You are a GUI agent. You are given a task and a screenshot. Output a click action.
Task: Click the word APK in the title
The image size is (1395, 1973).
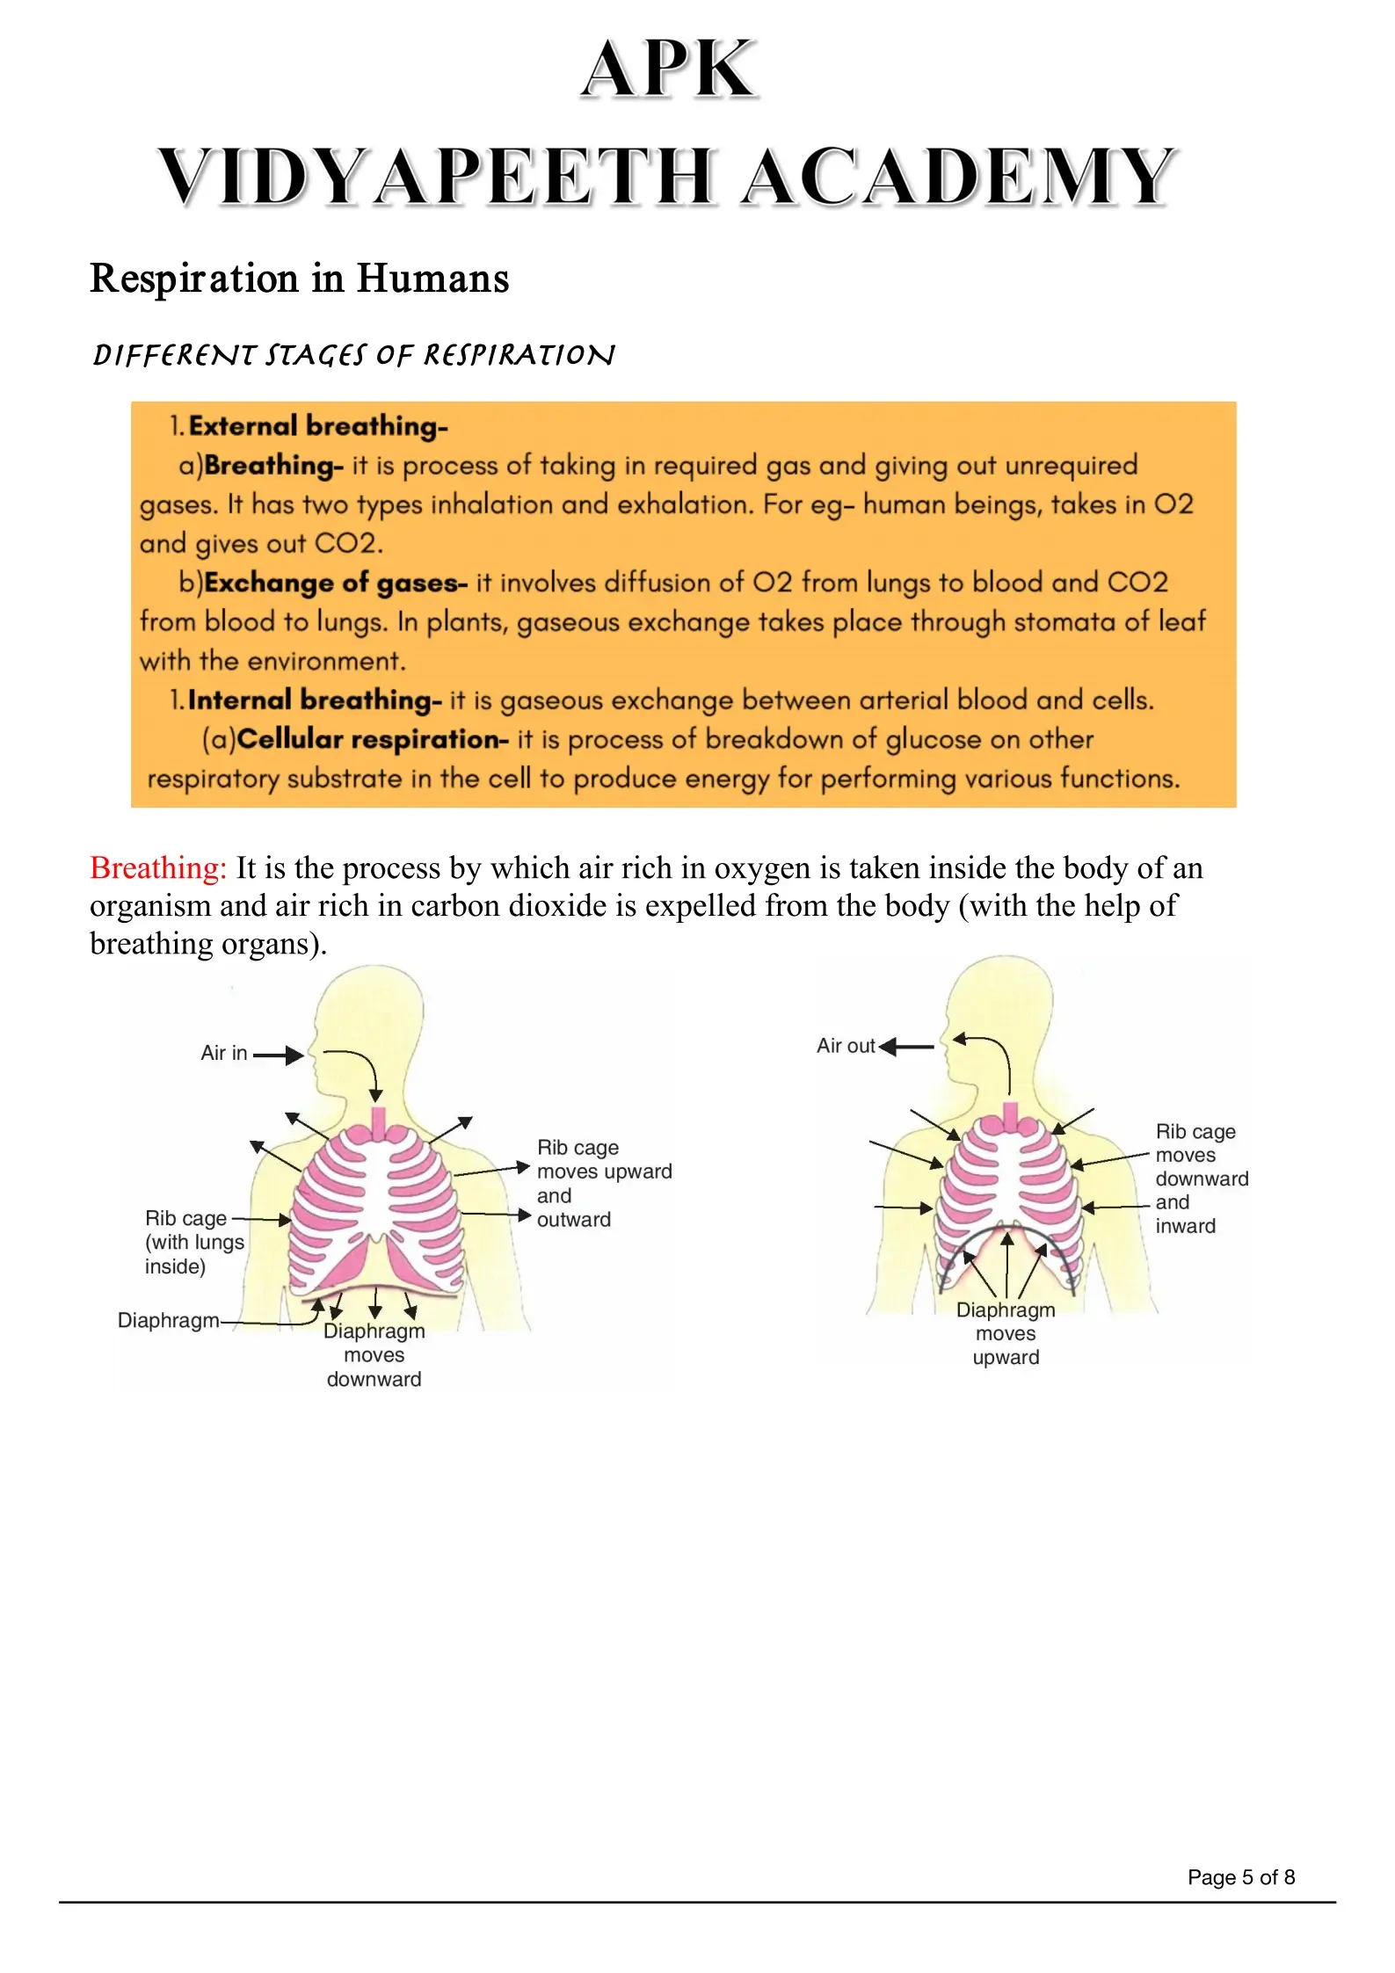click(669, 69)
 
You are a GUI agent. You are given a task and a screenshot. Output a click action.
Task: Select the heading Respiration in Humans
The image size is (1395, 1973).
click(300, 279)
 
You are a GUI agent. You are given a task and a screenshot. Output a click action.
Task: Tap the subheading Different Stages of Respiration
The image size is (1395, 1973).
click(353, 355)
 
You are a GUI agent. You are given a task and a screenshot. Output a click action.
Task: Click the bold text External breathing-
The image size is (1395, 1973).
click(317, 426)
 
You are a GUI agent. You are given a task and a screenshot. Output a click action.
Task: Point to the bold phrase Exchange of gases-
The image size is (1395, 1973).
click(335, 583)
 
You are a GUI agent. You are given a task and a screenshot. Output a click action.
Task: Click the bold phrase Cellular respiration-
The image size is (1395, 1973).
click(372, 739)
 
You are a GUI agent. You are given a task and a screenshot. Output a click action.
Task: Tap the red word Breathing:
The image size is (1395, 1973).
click(158, 868)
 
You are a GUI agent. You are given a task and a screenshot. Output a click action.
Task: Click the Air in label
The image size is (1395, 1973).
click(223, 1053)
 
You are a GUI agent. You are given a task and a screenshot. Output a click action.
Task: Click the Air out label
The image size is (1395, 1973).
click(845, 1046)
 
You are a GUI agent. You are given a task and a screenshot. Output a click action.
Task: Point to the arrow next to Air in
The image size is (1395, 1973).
click(279, 1055)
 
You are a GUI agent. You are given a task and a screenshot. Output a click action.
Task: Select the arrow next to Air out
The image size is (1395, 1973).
click(906, 1047)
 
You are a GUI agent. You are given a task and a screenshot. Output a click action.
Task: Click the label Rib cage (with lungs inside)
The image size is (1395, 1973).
click(193, 1242)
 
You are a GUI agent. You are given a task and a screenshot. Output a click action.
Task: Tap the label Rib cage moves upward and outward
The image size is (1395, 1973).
click(603, 1183)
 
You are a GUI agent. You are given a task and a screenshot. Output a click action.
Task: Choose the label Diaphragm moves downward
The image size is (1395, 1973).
click(374, 1354)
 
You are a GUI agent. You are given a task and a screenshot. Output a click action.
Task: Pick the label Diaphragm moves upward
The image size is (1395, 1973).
click(1006, 1333)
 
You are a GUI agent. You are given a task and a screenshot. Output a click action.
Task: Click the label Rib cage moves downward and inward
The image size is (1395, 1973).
click(1201, 1179)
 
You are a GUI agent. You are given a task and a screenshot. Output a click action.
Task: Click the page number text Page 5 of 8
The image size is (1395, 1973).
click(1240, 1877)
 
